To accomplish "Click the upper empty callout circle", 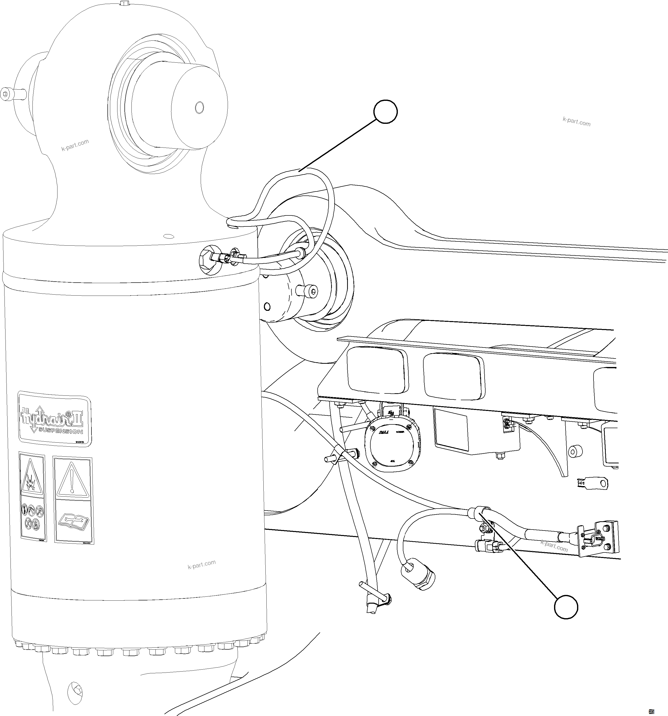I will click(x=385, y=112).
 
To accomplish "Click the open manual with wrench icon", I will click(x=73, y=521).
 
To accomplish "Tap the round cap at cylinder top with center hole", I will click(x=199, y=107).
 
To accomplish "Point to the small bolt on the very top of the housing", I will click(x=124, y=3).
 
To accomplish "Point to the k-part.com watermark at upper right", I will click(x=577, y=122).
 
